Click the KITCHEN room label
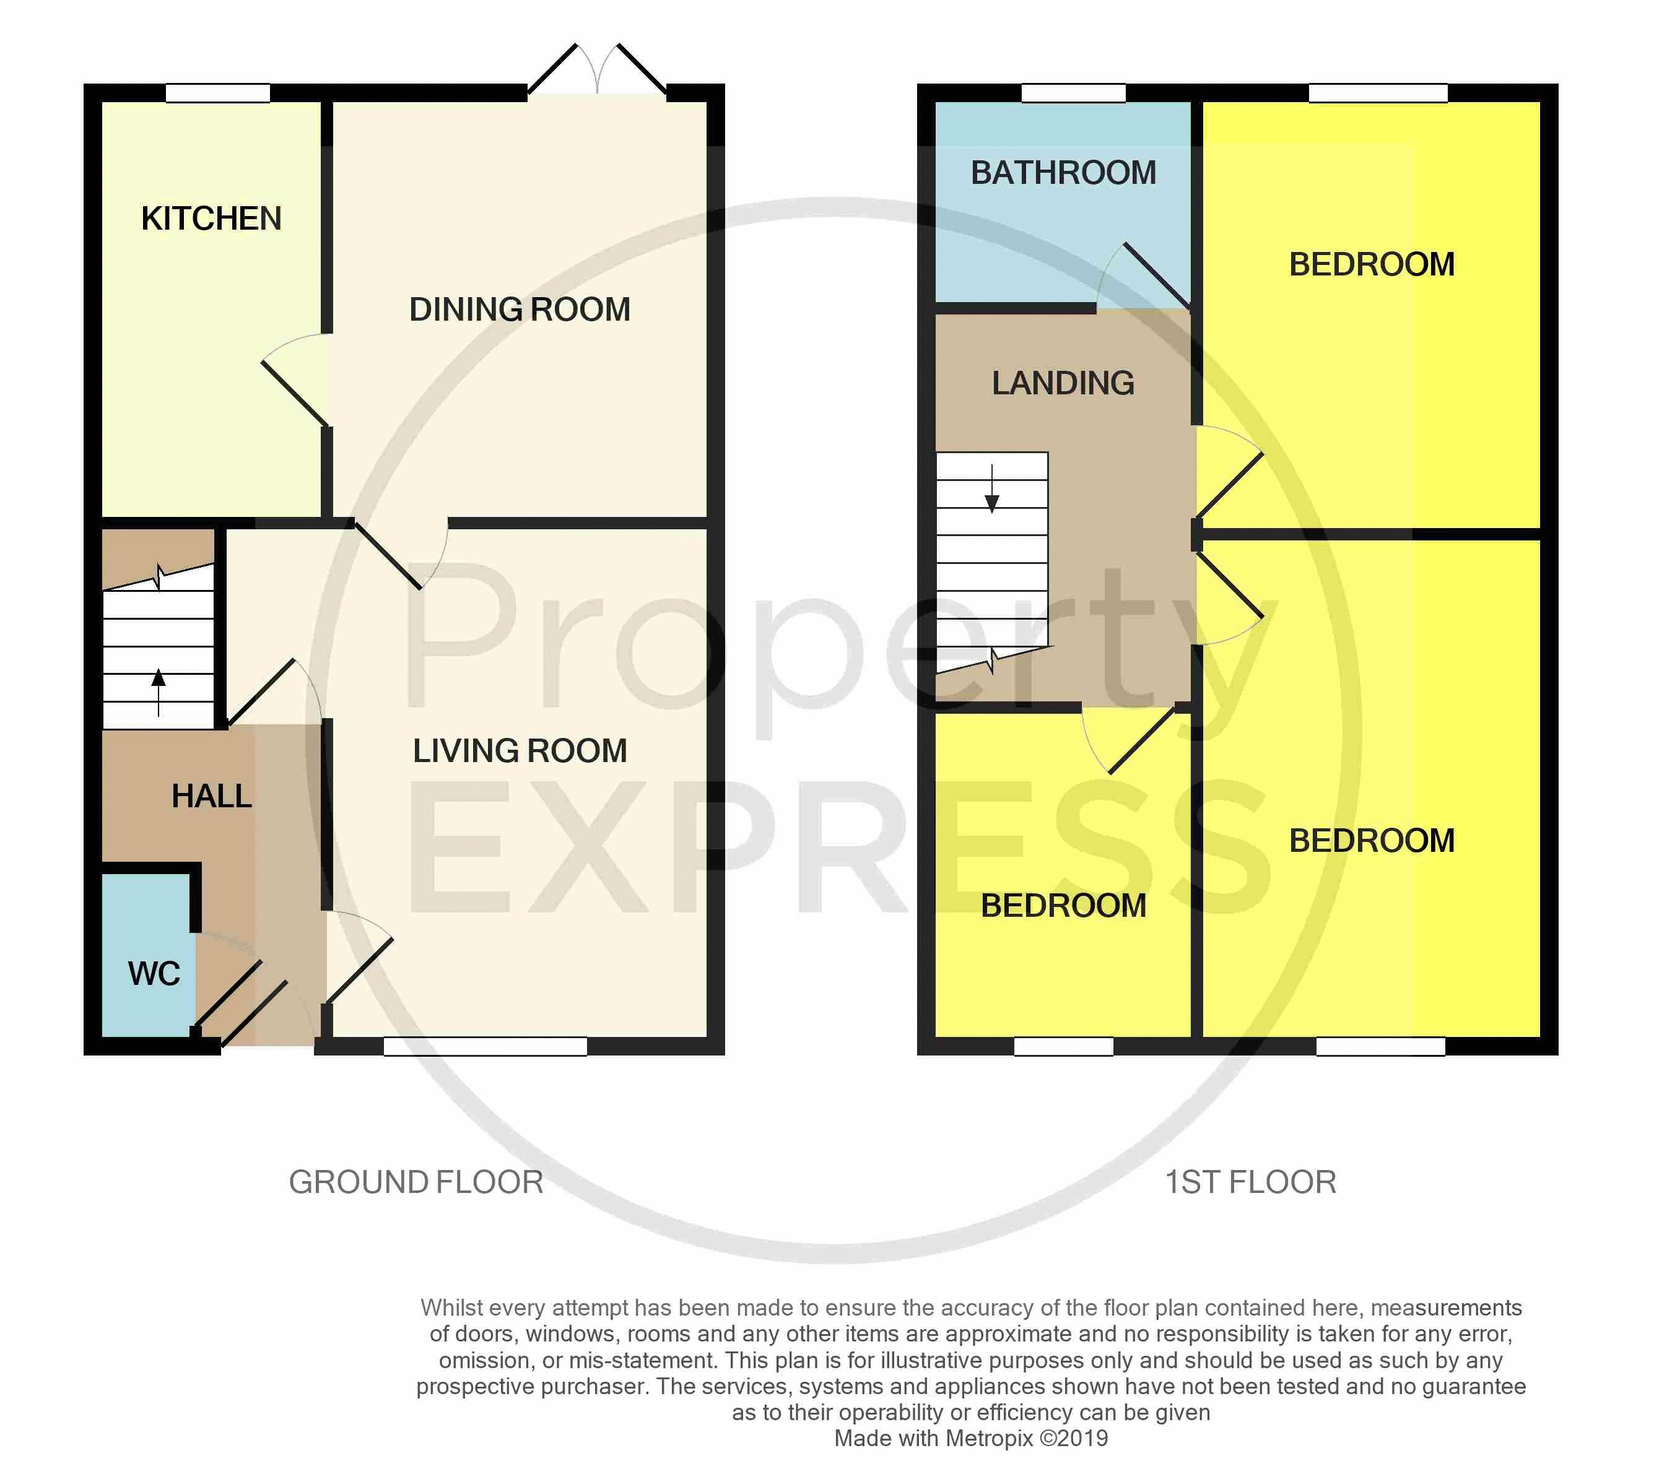tap(211, 219)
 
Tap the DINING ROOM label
tap(520, 310)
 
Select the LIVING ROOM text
tap(520, 751)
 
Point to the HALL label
tap(211, 796)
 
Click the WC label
tap(154, 973)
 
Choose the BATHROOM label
tap(1063, 173)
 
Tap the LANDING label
tap(1063, 383)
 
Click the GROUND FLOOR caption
tap(416, 1182)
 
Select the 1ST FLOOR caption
tap(1250, 1182)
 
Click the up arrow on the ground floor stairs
tap(159, 691)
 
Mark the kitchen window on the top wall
tap(218, 93)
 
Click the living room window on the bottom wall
tap(485, 1046)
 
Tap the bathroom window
tap(1073, 93)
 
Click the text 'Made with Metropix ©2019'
tap(970, 1438)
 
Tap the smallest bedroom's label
tap(1063, 906)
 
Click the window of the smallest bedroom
tap(1063, 1046)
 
